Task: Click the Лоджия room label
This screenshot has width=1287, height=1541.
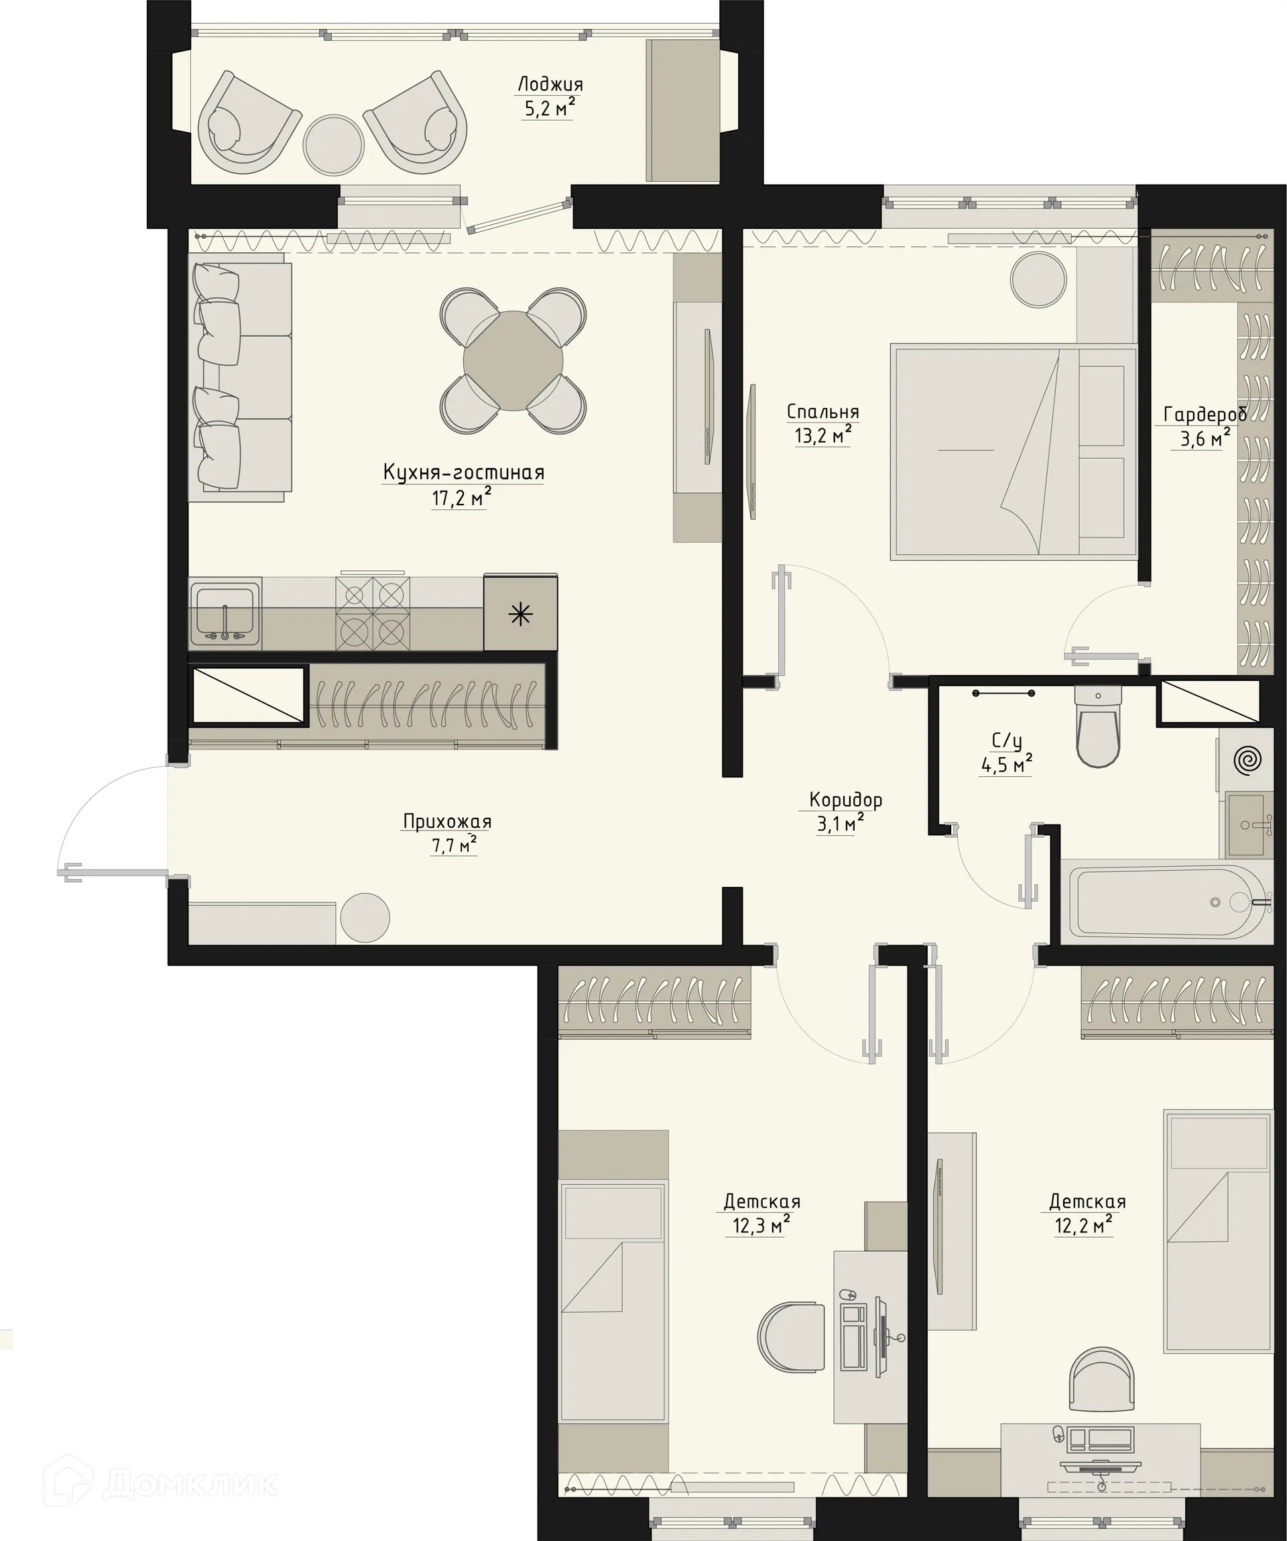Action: tap(550, 84)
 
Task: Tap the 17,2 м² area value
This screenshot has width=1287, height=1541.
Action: tap(461, 498)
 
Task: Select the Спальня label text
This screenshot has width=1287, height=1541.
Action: tap(822, 412)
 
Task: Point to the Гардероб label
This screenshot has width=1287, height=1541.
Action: tap(1205, 415)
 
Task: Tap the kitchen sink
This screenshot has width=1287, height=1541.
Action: tap(225, 613)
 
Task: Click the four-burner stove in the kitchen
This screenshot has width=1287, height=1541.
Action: tap(373, 613)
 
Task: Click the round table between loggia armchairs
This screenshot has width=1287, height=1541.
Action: tap(334, 144)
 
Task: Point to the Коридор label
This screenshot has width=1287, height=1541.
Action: tap(845, 799)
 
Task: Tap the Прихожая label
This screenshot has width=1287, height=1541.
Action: tap(446, 821)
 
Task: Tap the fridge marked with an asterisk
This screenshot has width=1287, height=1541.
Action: tap(520, 613)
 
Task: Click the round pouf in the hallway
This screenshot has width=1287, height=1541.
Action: tap(365, 916)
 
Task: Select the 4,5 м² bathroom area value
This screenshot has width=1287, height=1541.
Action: tap(1006, 765)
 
